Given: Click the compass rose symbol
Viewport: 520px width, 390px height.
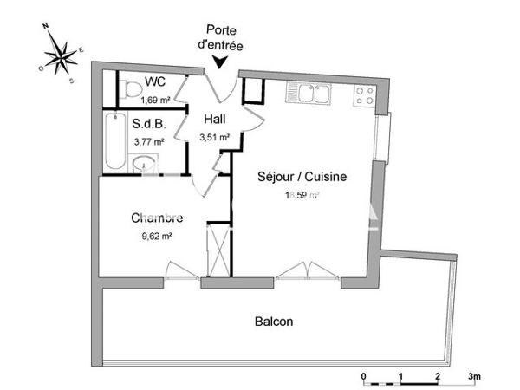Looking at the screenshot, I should tap(60, 55).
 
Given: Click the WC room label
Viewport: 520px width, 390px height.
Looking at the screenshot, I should tap(155, 82).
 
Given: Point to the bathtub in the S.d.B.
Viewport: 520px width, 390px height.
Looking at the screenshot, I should tap(114, 142).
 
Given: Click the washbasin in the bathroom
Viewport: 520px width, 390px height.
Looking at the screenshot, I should tap(144, 163).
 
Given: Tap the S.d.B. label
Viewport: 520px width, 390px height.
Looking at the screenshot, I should tap(148, 123).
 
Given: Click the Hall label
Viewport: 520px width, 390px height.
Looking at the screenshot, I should tap(216, 120).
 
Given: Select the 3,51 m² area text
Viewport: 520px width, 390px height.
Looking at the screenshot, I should tap(215, 136).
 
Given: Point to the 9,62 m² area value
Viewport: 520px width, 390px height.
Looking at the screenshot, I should tap(156, 235).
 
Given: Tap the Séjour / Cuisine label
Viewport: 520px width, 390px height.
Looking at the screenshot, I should tap(302, 177).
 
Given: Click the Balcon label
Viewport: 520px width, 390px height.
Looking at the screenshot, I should tap(273, 322).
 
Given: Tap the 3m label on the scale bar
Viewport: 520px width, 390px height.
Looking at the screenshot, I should tap(474, 377).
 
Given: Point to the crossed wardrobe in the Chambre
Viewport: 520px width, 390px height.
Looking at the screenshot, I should tap(218, 250).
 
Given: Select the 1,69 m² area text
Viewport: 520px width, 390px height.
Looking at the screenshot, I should tap(155, 99).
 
